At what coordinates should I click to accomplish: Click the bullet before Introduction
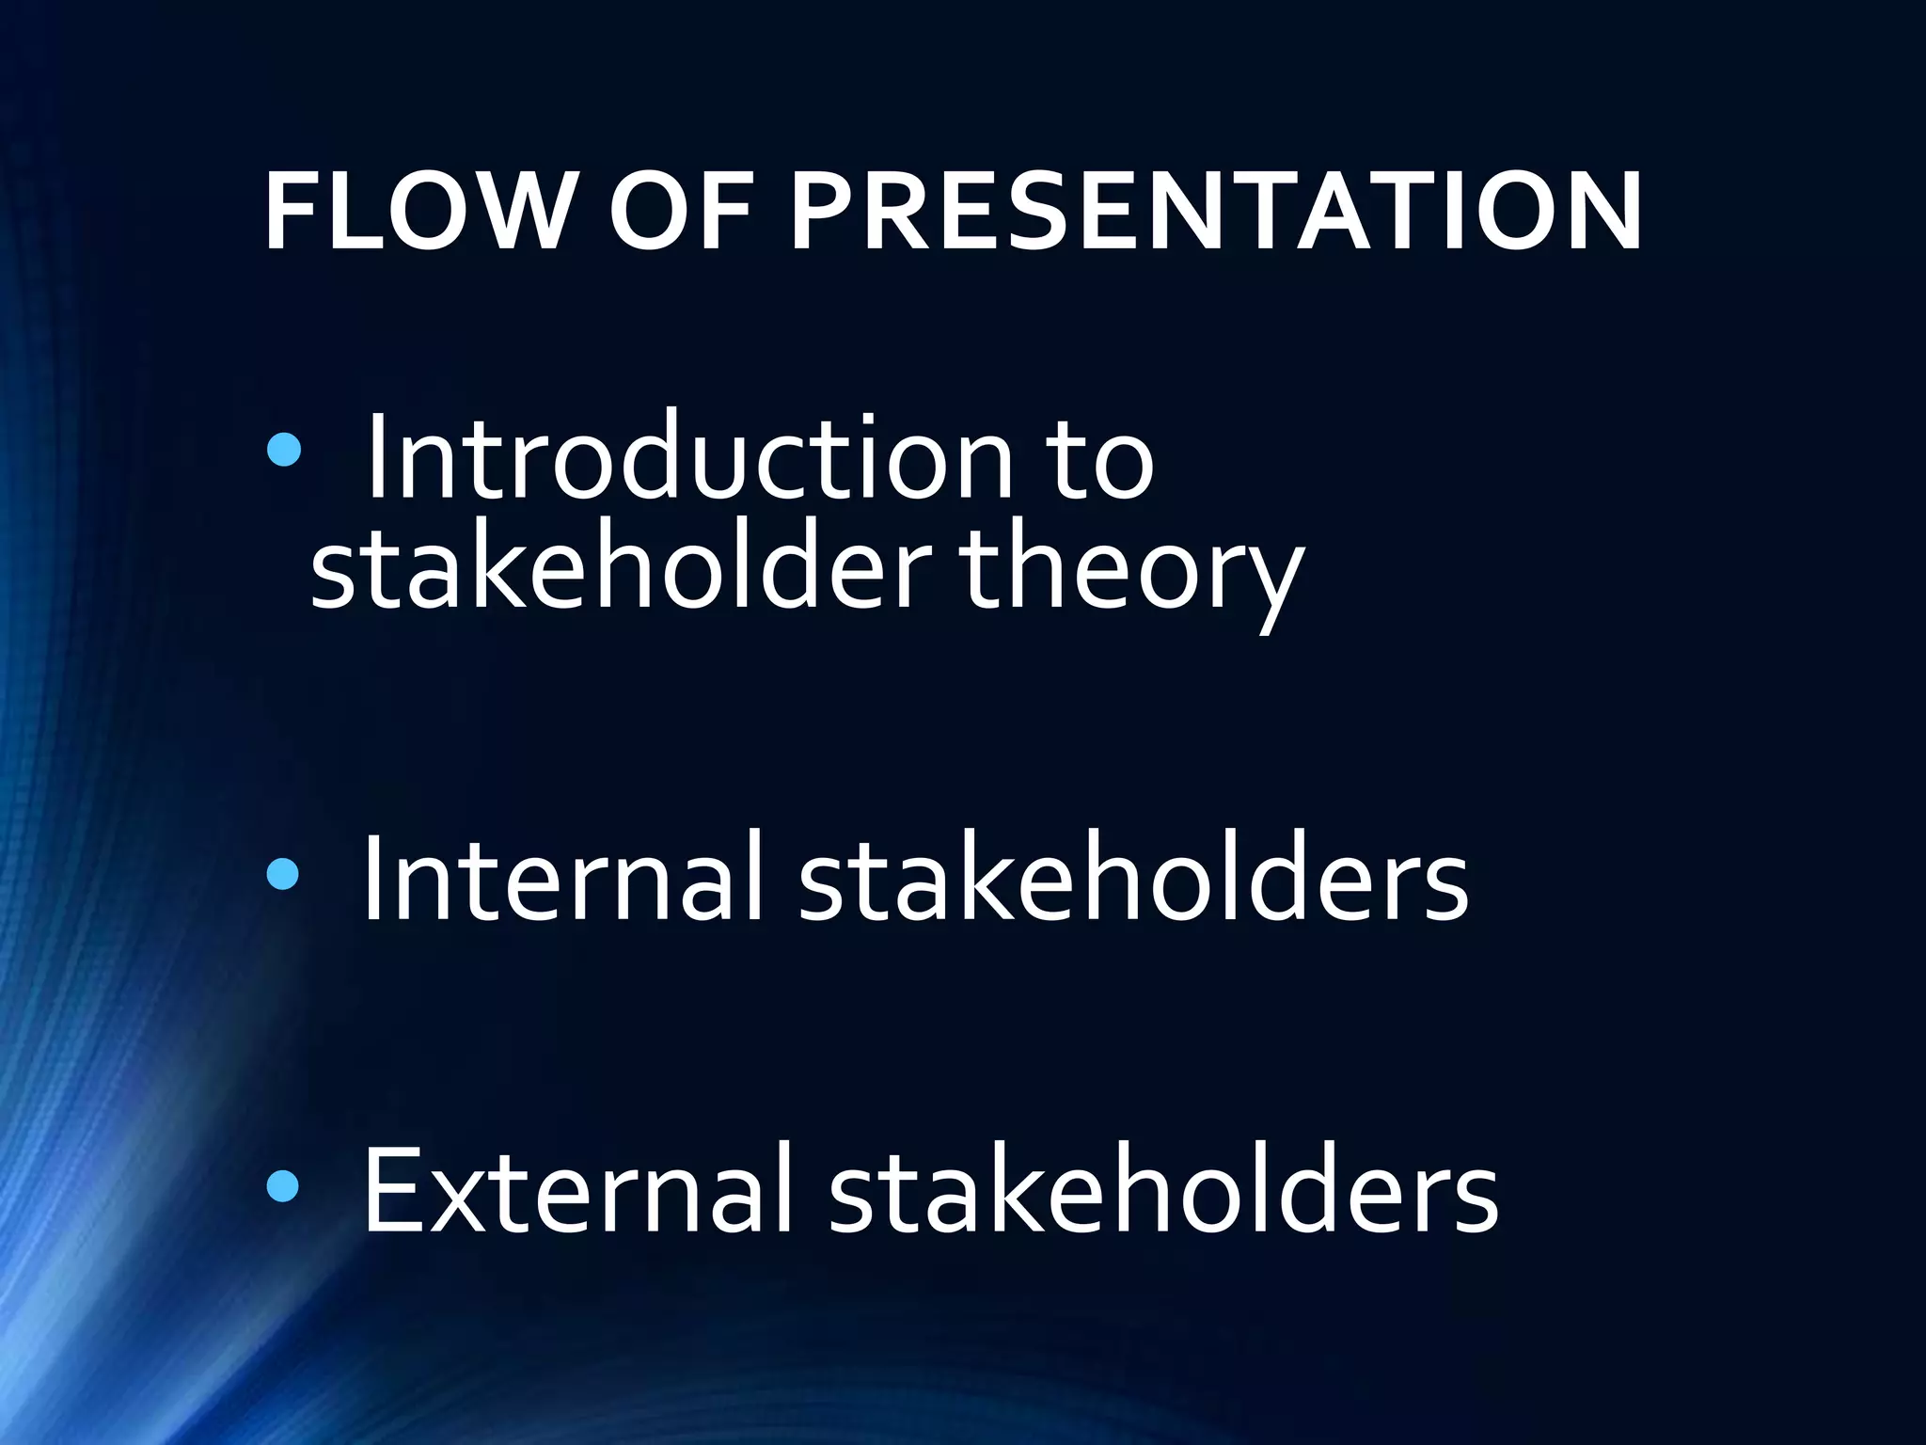pos(283,452)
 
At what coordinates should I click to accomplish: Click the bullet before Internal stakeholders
pos(282,875)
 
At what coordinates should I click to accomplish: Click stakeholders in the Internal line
pos(1133,877)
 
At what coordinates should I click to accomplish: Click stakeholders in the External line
pos(1163,1189)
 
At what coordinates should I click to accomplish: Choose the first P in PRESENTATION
pos(823,213)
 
